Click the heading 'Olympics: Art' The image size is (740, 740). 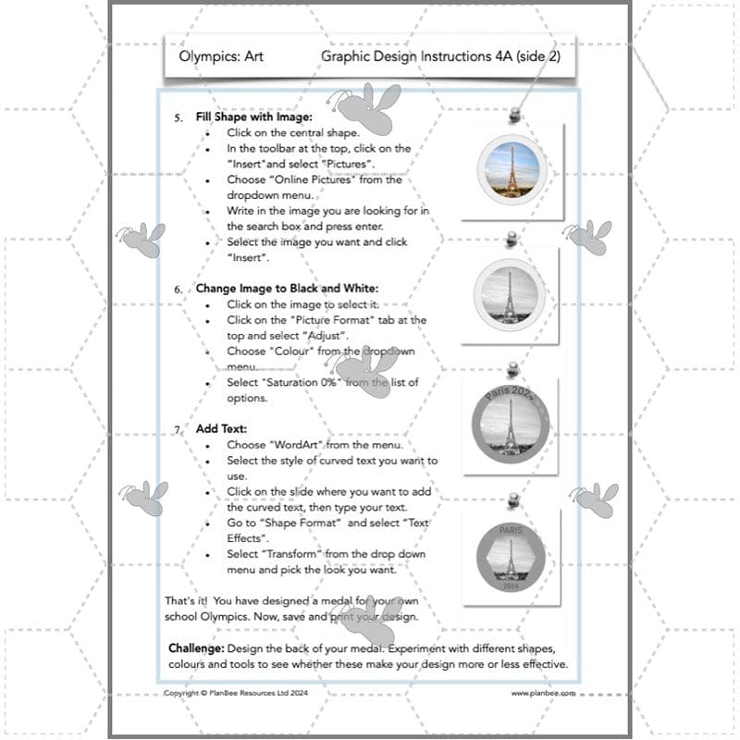[x=224, y=56]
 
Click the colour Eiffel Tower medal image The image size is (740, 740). [x=512, y=169]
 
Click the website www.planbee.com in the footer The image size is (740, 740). [x=543, y=692]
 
